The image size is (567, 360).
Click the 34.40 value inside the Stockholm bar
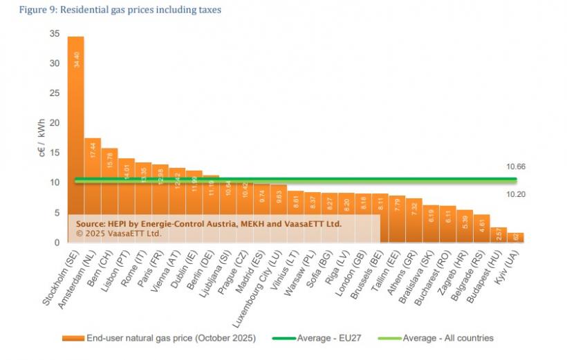pos(76,59)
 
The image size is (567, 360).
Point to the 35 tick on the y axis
pos(55,34)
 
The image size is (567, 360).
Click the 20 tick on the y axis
pos(55,123)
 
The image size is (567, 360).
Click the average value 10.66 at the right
pos(516,167)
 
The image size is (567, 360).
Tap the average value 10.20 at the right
pos(516,194)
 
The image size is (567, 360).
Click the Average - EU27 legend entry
pos(326,338)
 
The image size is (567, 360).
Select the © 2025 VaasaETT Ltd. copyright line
pos(118,233)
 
